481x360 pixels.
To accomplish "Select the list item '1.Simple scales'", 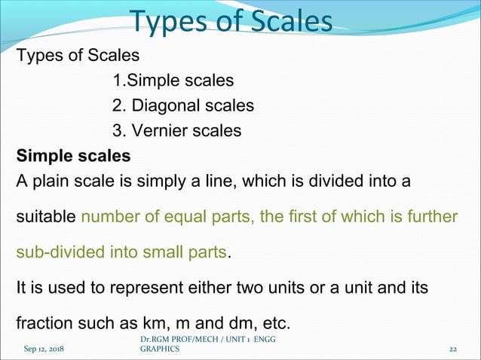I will (173, 80).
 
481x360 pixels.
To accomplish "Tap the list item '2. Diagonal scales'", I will (182, 105).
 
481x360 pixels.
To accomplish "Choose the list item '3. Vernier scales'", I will (176, 131).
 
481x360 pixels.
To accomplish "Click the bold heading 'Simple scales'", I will (73, 157).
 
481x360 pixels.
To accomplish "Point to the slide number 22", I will (453, 350).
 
